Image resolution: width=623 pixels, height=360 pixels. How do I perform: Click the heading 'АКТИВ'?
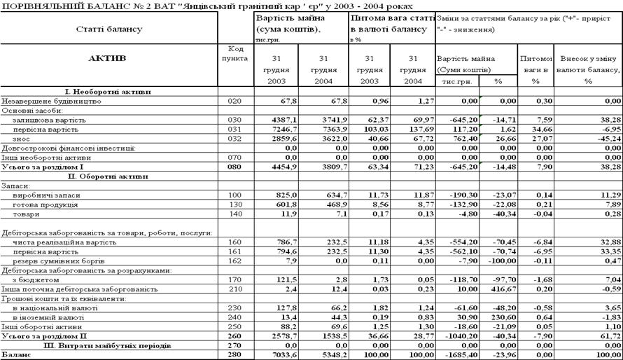point(108,58)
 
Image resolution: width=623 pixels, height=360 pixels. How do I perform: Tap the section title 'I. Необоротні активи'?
point(108,92)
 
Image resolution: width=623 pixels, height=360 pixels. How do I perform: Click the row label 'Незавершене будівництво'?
point(45,101)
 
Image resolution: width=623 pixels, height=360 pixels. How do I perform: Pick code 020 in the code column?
point(234,101)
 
